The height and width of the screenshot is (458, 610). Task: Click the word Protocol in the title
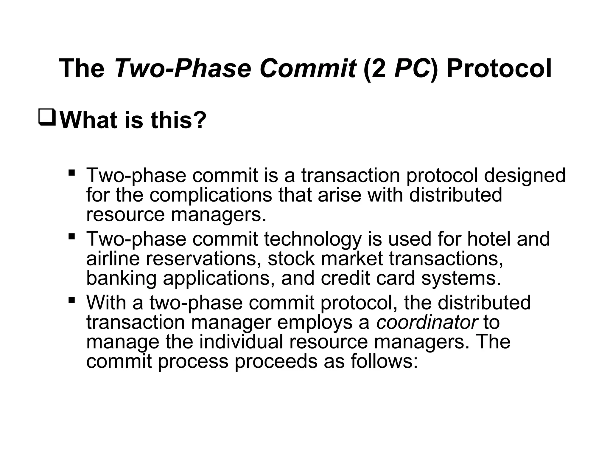coord(499,69)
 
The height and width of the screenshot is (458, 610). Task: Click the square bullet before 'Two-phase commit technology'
coord(71,237)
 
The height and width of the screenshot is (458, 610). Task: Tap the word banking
coord(121,278)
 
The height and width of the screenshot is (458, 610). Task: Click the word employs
coord(315,323)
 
